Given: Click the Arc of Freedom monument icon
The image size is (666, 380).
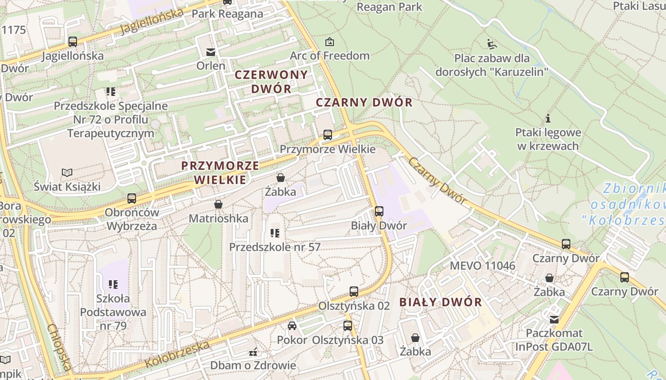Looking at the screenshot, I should pos(329,42).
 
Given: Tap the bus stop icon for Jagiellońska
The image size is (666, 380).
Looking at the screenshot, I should pos(72,42).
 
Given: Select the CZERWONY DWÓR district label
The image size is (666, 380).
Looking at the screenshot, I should pos(271,81).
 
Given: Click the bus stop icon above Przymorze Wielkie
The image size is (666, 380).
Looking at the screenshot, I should pos(328,134).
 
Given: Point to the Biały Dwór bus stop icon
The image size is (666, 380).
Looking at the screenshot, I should pos(379,211).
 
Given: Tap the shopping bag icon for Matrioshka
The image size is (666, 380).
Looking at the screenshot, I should pos(218,205).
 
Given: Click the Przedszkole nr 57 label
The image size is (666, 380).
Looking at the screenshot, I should pos(274,247).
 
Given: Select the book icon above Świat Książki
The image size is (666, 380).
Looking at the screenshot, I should pos(67,172).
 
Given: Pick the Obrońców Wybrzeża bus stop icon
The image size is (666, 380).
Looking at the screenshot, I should pos(132,198).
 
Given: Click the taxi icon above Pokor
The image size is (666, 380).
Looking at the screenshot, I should pos(292,326).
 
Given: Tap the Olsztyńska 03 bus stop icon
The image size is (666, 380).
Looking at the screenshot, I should pos(348,326).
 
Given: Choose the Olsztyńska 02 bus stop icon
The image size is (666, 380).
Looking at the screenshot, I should pos(354,292).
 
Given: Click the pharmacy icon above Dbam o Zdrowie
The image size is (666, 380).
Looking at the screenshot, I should pos(253,352).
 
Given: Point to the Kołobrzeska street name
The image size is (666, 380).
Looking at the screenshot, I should pos(177,354).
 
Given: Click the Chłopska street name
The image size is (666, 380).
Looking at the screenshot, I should pos(60,347).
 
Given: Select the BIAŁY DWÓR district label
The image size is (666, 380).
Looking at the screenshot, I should pos(441,302).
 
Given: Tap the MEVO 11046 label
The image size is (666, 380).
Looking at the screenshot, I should pos(482,266).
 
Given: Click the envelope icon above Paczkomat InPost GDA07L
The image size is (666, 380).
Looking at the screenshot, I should pos(554,319).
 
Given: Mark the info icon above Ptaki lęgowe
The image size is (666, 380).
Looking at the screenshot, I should pos(548,118).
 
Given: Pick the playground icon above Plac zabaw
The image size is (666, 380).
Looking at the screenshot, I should pos(492,45).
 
